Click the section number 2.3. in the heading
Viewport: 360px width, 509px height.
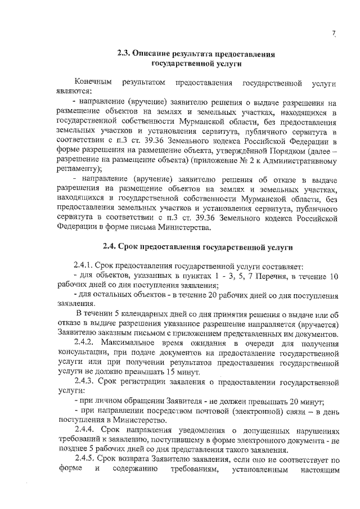tap(124, 55)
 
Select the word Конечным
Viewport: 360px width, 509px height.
tap(92, 84)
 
